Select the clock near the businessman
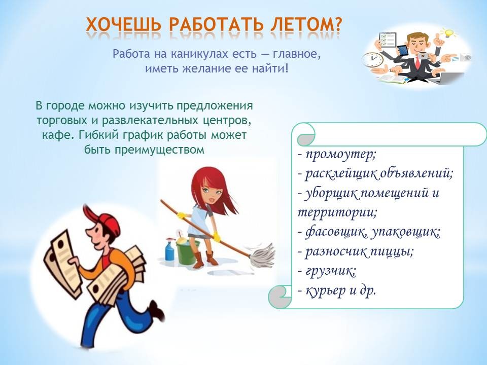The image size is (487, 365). tap(372, 59)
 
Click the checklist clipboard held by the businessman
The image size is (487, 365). tap(387, 40)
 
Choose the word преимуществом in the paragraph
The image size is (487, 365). tap(160, 150)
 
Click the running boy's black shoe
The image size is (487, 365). tap(157, 311)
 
